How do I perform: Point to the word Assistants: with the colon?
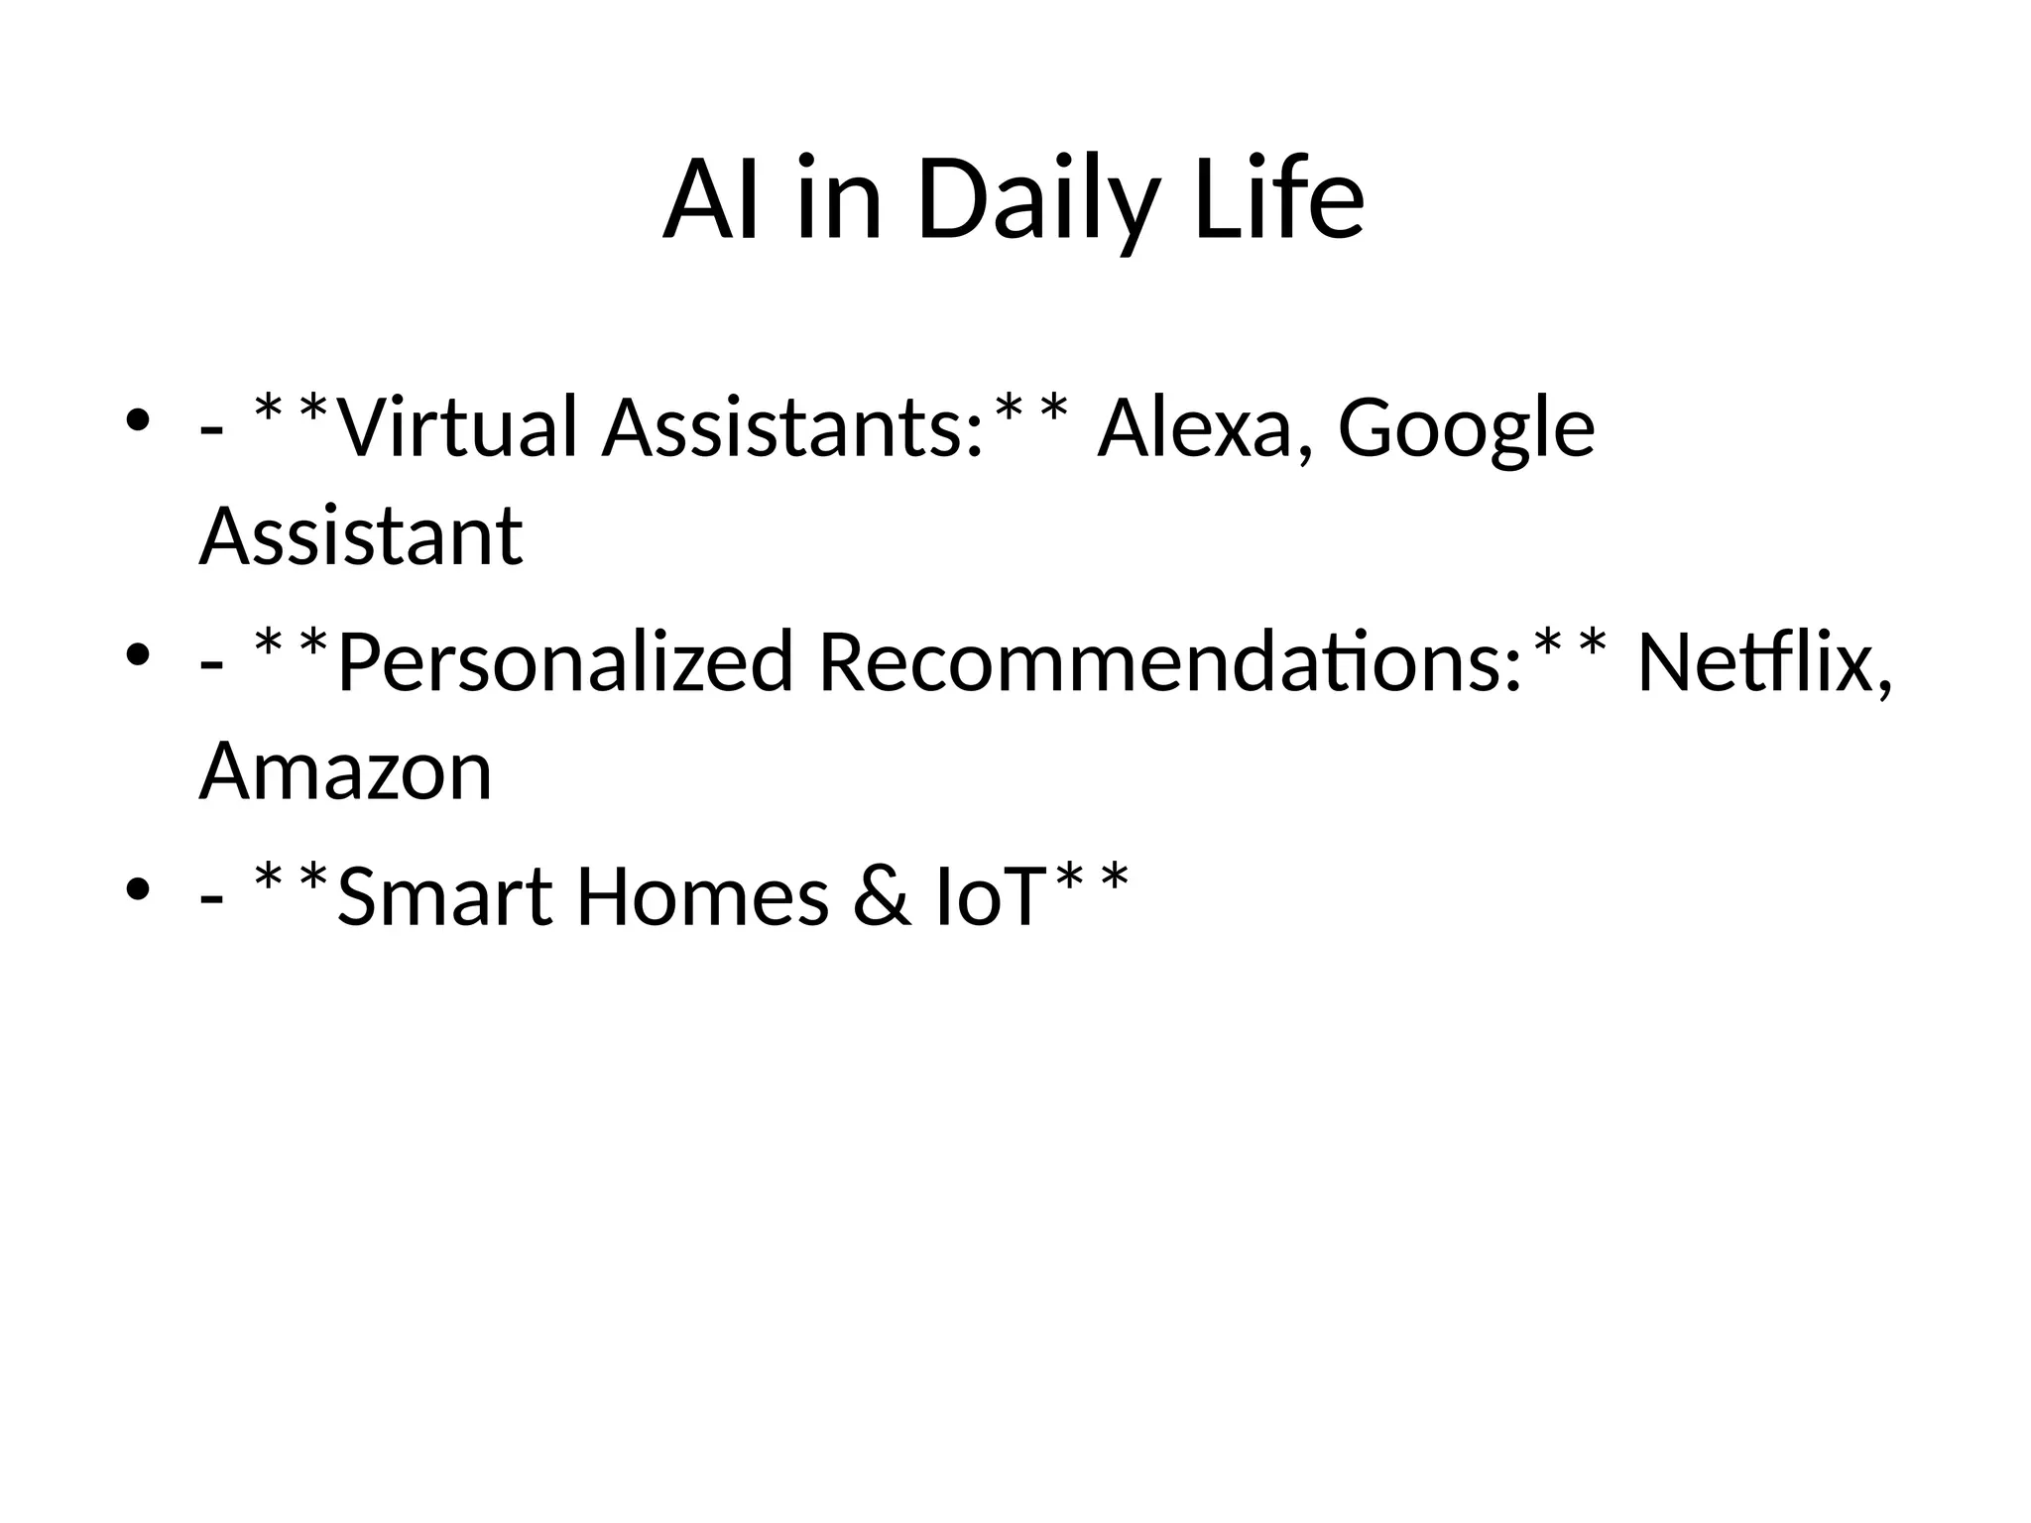(x=793, y=428)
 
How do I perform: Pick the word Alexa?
(x=1206, y=428)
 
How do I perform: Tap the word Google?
(x=1466, y=428)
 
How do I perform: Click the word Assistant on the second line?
(x=361, y=537)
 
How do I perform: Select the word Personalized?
(x=565, y=662)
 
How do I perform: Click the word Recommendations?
(x=1170, y=662)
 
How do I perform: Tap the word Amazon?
(x=345, y=771)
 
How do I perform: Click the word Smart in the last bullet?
(x=444, y=896)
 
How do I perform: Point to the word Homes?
(x=702, y=896)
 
